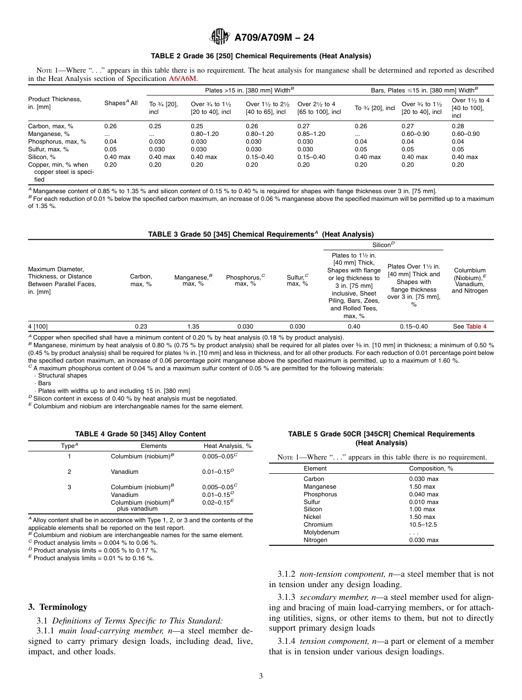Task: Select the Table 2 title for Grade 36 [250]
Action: coord(260,56)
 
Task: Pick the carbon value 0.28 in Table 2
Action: coord(458,126)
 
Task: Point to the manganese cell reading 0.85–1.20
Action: coord(311,134)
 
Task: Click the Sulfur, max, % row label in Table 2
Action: coord(48,149)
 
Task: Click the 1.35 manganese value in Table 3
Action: coord(193,326)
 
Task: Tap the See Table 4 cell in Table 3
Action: coord(469,326)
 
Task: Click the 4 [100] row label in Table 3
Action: coord(38,326)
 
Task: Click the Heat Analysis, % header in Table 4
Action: coord(227,446)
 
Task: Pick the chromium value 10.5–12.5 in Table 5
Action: coord(423,524)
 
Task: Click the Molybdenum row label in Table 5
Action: coord(321,532)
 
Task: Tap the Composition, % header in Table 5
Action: coord(431,468)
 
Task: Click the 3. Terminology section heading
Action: coord(58,607)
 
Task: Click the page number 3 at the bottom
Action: coord(261,676)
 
